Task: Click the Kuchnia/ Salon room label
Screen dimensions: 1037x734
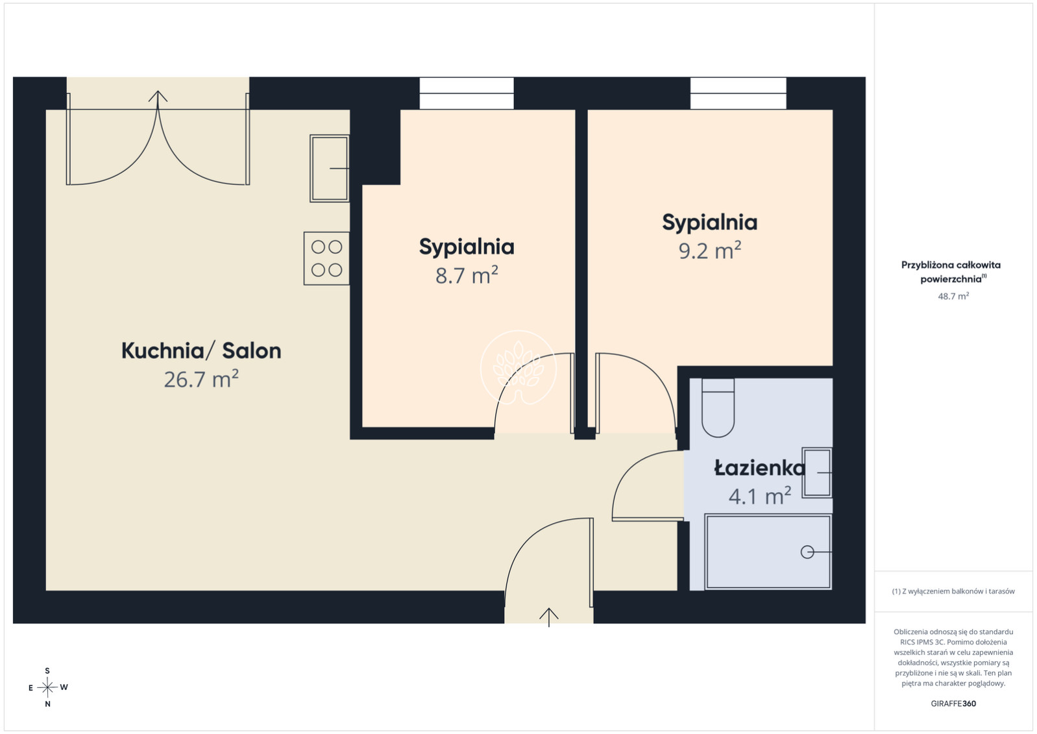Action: coord(201,351)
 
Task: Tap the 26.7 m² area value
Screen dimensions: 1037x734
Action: coord(201,379)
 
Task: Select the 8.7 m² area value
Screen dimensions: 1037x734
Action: coord(467,275)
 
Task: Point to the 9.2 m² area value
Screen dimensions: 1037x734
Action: coord(710,251)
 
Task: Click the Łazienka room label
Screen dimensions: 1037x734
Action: coord(760,468)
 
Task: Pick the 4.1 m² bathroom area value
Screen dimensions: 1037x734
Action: coord(760,496)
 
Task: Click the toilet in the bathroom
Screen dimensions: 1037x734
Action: coord(718,408)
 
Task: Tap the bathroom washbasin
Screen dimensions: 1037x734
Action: coord(817,473)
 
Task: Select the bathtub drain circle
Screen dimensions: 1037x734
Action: coord(807,552)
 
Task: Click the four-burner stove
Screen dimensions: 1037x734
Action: coord(326,258)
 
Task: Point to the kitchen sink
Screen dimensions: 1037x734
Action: coord(330,169)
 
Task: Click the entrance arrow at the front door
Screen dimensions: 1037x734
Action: coord(549,617)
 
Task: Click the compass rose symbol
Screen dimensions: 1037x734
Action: coord(47,688)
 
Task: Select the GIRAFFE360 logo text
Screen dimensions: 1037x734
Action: coord(953,703)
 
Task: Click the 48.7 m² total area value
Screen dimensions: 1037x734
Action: coord(953,296)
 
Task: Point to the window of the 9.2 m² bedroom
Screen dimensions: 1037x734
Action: coord(738,93)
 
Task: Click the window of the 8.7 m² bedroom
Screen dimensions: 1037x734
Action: coord(467,93)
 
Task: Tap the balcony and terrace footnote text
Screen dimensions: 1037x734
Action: coord(953,591)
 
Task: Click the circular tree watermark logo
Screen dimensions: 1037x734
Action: coord(518,368)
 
